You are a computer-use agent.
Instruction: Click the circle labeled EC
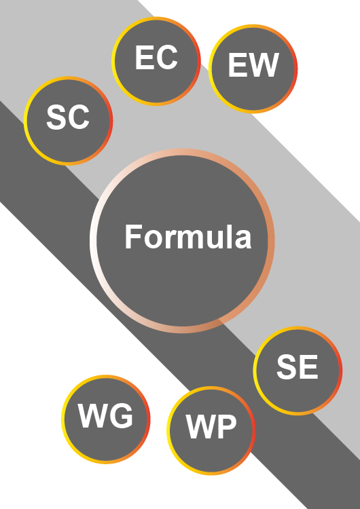(156, 60)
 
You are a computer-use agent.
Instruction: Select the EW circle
(253, 69)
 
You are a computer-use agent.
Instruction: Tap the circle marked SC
(68, 121)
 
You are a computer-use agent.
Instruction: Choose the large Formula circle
(182, 241)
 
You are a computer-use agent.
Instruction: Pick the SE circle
(298, 371)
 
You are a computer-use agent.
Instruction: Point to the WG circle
(105, 419)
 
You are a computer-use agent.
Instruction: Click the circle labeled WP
(211, 430)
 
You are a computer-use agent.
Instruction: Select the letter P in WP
(226, 427)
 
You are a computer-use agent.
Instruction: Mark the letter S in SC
(57, 117)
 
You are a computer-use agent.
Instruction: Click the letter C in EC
(167, 58)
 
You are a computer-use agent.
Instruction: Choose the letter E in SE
(308, 367)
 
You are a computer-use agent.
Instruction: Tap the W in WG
(94, 416)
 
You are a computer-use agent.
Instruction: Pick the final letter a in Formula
(244, 240)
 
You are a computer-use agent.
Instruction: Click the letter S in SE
(287, 367)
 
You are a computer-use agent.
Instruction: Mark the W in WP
(201, 427)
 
